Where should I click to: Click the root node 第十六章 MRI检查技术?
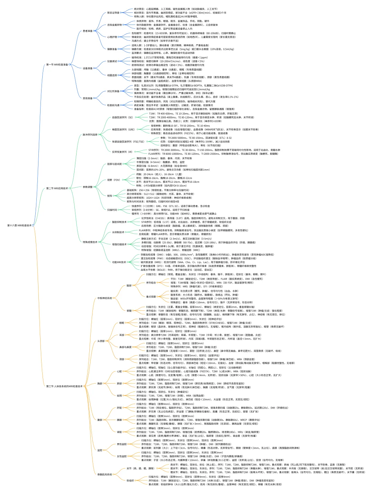[x=19, y=225]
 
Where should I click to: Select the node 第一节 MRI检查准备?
[x=57, y=65]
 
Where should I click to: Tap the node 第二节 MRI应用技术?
[x=57, y=188]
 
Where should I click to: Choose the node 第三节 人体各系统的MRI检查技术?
[x=64, y=386]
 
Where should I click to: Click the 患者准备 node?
[x=88, y=31]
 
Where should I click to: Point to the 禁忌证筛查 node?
[x=113, y=13]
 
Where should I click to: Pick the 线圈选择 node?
[x=112, y=75]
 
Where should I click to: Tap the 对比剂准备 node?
[x=113, y=91]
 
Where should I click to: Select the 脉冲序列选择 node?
[x=90, y=135]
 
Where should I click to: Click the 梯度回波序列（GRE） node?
[x=123, y=129]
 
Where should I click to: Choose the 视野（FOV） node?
[x=114, y=180]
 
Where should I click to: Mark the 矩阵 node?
[x=109, y=196]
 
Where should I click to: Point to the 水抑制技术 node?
[x=118, y=232]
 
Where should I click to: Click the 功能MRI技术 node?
[x=119, y=262]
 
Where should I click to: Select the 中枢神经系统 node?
[x=105, y=298]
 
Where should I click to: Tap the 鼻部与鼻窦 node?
[x=125, y=347]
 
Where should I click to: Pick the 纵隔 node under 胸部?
[x=119, y=395]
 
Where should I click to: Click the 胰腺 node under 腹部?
[x=119, y=420]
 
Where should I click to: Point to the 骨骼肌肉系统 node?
[x=105, y=474]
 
